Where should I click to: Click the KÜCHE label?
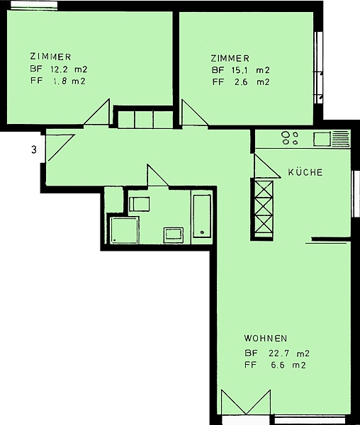point(305,172)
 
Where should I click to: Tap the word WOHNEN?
point(266,339)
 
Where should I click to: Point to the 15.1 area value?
point(238,70)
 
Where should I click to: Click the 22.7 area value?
point(279,353)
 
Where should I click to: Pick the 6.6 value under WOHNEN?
point(278,365)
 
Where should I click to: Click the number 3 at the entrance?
point(34,149)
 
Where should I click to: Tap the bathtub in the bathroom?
point(202,216)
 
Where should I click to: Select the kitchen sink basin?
point(322,139)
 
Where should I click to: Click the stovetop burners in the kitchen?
point(290,137)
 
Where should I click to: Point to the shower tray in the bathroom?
point(125,230)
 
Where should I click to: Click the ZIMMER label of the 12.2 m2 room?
point(50,57)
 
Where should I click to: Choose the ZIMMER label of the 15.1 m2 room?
point(230,58)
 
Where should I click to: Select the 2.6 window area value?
point(241,82)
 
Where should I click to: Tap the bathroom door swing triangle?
point(157,176)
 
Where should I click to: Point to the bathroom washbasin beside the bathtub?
point(173,235)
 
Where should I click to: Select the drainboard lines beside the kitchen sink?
point(340,139)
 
